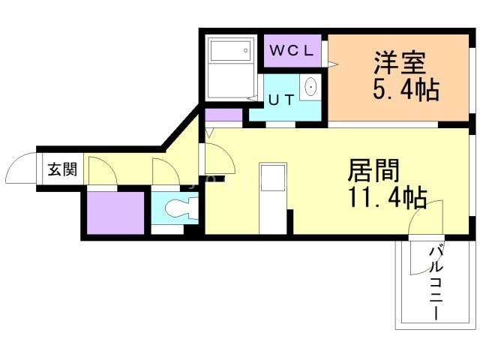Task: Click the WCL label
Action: (x=292, y=50)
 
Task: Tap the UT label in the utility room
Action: (x=281, y=100)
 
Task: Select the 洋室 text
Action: (x=400, y=63)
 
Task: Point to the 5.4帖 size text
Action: (x=406, y=90)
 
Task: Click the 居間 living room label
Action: (x=373, y=170)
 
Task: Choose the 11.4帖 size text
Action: (x=387, y=197)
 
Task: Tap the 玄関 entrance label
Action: (x=62, y=169)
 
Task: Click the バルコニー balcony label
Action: (x=436, y=283)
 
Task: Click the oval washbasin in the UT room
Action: (x=310, y=87)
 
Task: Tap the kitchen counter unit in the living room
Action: (x=273, y=198)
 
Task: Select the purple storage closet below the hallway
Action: (x=115, y=213)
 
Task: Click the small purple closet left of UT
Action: (x=223, y=115)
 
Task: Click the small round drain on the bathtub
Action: (x=245, y=50)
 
